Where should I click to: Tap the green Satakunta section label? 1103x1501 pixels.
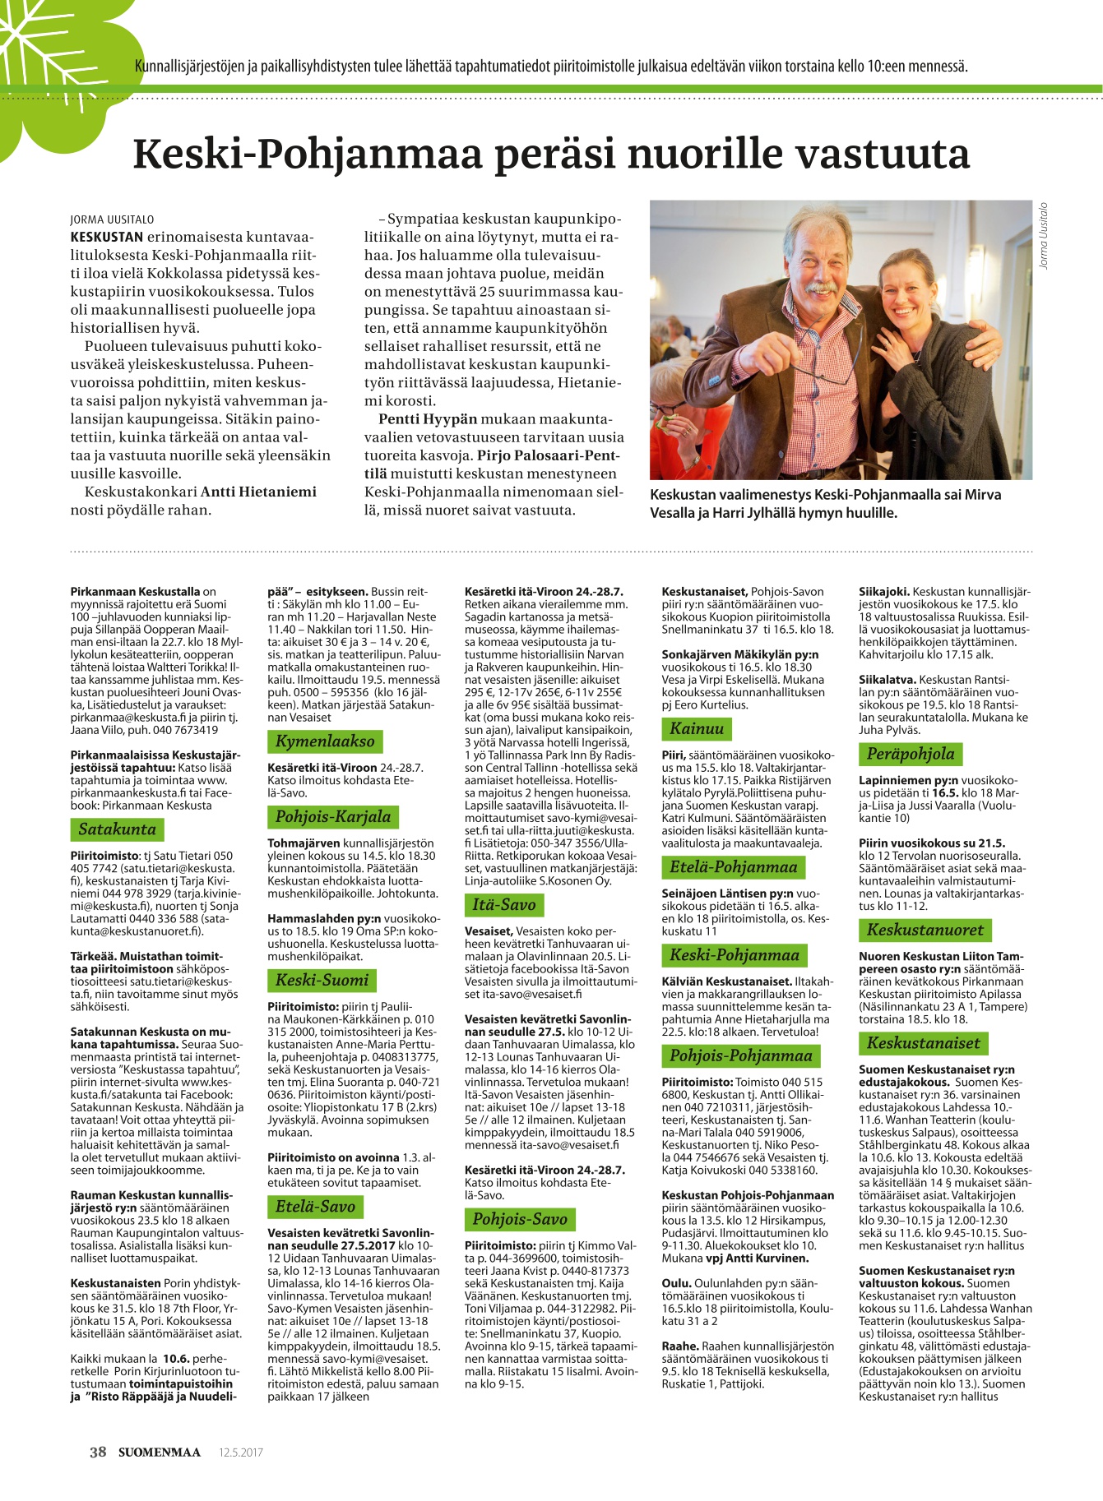pyautogui.click(x=117, y=829)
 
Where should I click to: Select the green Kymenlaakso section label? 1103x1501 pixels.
pyautogui.click(x=324, y=741)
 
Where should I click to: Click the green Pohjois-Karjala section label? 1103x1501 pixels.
pyautogui.click(x=332, y=816)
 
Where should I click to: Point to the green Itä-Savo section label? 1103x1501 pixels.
pyautogui.click(x=503, y=904)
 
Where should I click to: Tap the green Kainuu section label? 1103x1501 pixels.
pyautogui.click(x=696, y=727)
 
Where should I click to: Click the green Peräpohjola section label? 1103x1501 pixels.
pyautogui.click(x=910, y=754)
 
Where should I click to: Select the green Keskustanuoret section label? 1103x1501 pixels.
pyautogui.click(x=925, y=930)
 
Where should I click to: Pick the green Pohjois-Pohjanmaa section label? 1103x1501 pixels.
pyautogui.click(x=740, y=1055)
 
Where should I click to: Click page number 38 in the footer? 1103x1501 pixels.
pyautogui.click(x=98, y=1452)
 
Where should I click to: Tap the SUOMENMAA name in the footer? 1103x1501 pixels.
pyautogui.click(x=159, y=1452)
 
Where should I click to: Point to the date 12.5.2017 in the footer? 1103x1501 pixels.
pyautogui.click(x=241, y=1453)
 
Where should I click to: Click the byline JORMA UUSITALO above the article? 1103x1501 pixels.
pyautogui.click(x=112, y=219)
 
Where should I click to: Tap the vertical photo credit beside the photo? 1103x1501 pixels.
pyautogui.click(x=1044, y=235)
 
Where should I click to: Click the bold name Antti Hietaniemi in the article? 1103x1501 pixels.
pyautogui.click(x=258, y=492)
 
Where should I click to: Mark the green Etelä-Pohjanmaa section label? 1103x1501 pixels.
pyautogui.click(x=733, y=866)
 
